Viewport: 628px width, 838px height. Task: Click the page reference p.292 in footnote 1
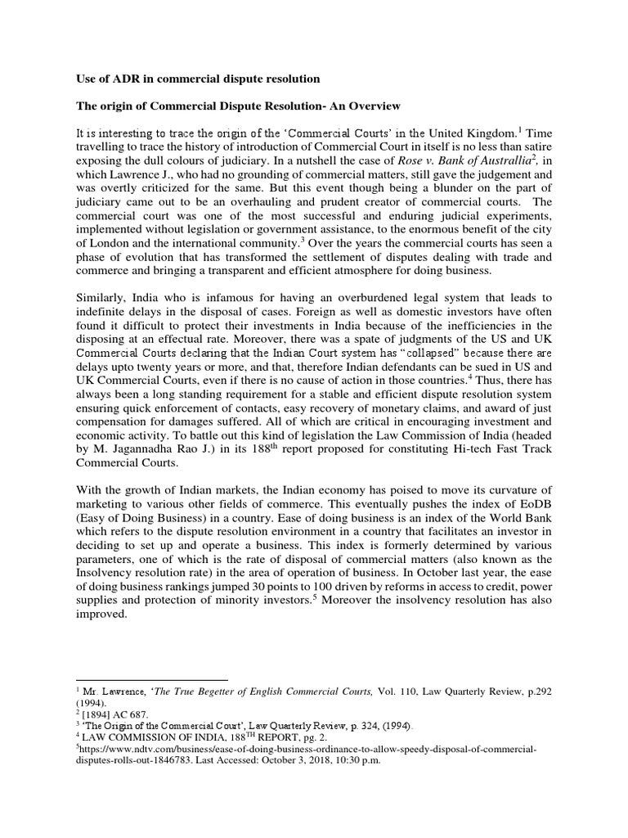point(536,692)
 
